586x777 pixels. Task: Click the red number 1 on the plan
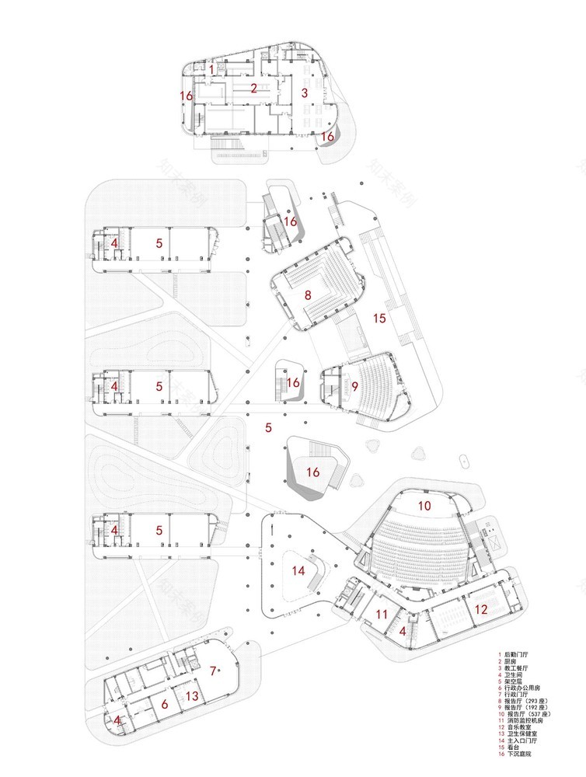pyautogui.click(x=211, y=70)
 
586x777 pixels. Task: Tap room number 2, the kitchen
pyautogui.click(x=253, y=88)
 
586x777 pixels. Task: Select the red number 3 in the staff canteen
pyautogui.click(x=305, y=92)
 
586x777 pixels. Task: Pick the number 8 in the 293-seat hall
pyautogui.click(x=308, y=294)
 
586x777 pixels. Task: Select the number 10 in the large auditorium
pyautogui.click(x=424, y=505)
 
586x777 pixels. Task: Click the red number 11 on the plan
pyautogui.click(x=381, y=615)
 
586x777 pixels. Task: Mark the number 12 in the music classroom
pyautogui.click(x=481, y=610)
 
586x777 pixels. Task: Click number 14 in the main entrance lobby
pyautogui.click(x=299, y=570)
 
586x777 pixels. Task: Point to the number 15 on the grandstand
pyautogui.click(x=379, y=318)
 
